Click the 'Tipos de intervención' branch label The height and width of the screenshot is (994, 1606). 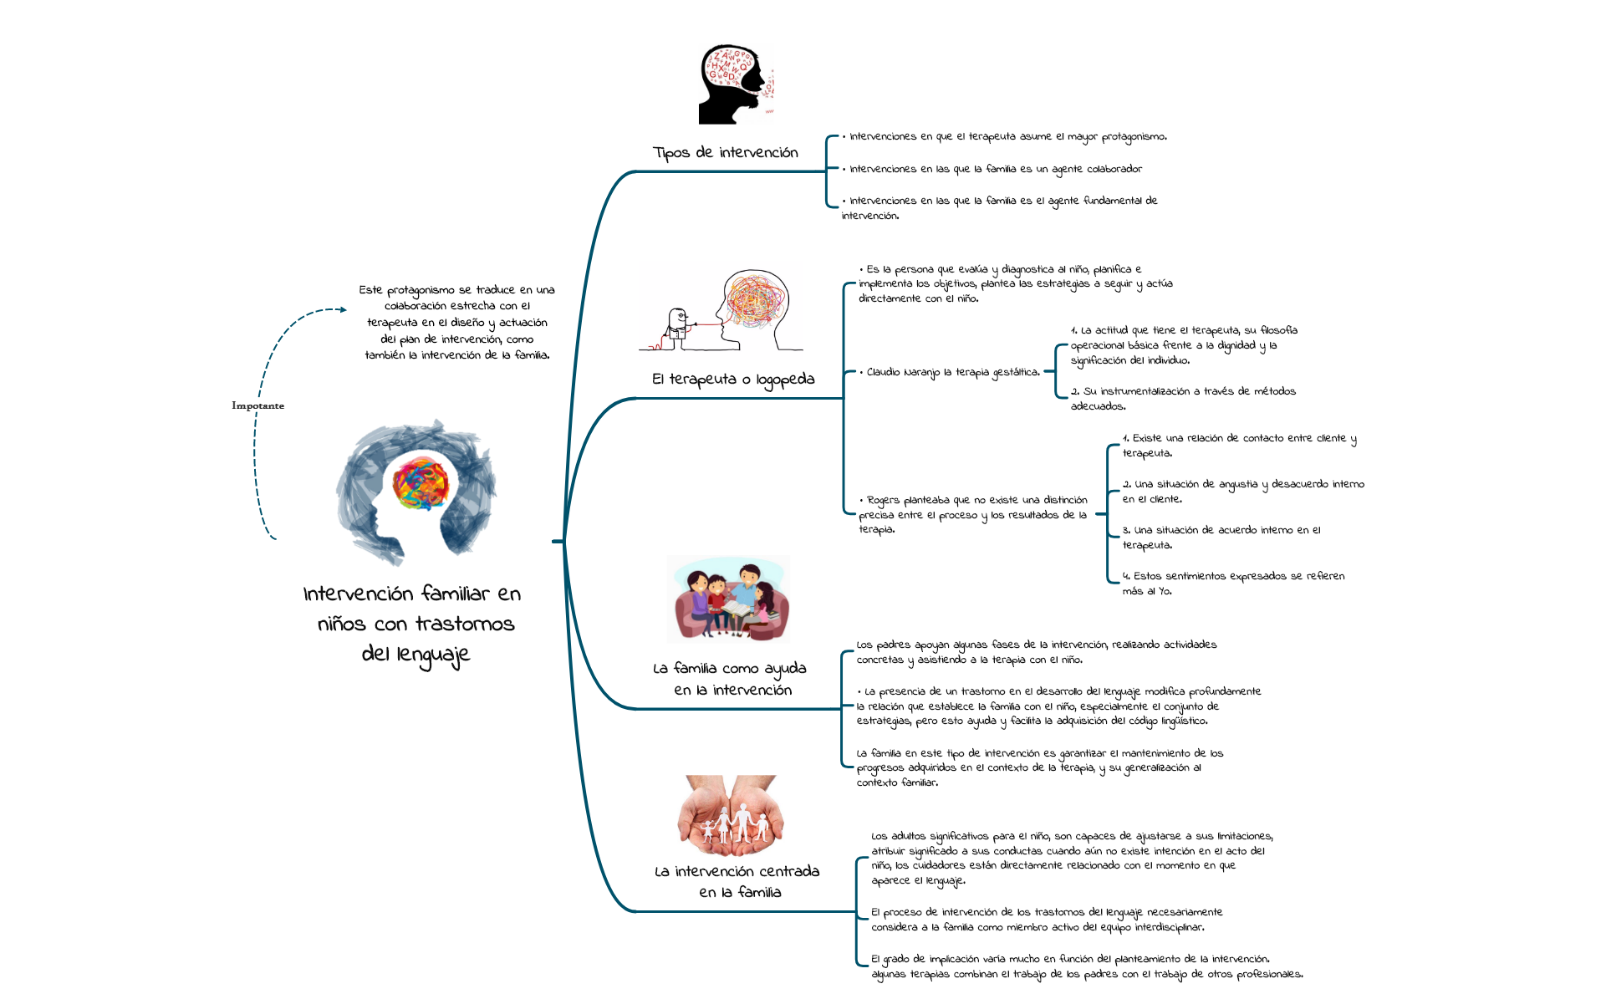pyautogui.click(x=725, y=152)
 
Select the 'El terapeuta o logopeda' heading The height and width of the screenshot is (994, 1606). pyautogui.click(x=732, y=380)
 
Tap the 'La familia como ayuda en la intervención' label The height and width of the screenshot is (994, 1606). pyautogui.click(x=730, y=679)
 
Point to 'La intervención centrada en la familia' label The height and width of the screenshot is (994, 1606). pyautogui.click(x=737, y=881)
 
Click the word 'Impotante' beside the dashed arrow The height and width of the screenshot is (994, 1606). pyautogui.click(x=257, y=405)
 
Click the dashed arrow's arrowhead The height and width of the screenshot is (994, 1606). pyautogui.click(x=342, y=310)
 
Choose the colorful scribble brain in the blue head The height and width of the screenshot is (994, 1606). pyautogui.click(x=421, y=483)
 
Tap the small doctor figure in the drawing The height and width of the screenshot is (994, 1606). pyautogui.click(x=676, y=328)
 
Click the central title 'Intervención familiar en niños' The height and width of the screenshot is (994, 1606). pyautogui.click(x=412, y=623)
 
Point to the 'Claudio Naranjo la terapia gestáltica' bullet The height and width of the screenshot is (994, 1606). pyautogui.click(x=952, y=373)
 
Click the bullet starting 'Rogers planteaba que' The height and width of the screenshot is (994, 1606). pyautogui.click(x=972, y=514)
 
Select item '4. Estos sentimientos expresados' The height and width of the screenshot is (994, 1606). pyautogui.click(x=1233, y=584)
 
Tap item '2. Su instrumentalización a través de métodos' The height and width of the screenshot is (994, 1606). pyautogui.click(x=1182, y=399)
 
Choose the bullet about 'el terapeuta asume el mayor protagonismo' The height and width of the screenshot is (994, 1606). pyautogui.click(x=1007, y=137)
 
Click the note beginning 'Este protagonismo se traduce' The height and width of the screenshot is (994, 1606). pyautogui.click(x=456, y=323)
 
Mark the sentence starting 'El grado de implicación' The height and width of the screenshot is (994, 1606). pyautogui.click(x=1086, y=966)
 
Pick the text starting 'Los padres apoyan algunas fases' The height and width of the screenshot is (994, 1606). pyautogui.click(x=1036, y=652)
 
